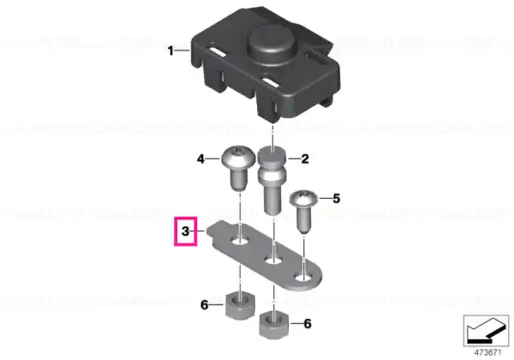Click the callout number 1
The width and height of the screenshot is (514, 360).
click(170, 51)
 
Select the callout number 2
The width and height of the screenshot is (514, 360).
click(305, 159)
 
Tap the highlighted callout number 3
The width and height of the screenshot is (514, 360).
click(186, 231)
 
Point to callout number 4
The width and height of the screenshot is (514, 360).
click(200, 159)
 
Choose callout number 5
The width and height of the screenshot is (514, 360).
click(337, 198)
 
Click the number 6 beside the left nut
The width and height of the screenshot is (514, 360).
click(204, 305)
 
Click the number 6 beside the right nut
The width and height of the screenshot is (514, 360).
click(308, 324)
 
